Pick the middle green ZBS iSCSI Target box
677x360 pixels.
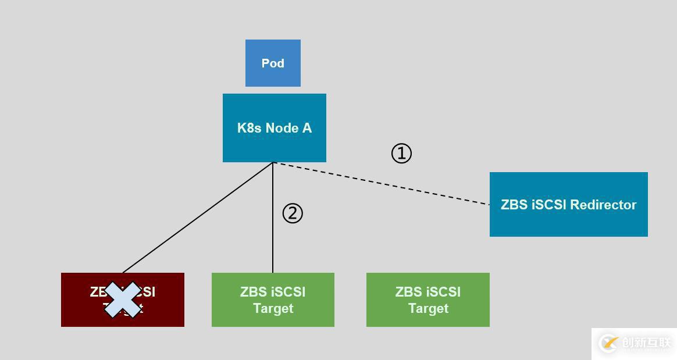[273, 300]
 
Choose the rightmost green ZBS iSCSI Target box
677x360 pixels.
[427, 300]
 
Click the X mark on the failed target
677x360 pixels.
[123, 300]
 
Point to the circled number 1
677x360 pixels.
[401, 154]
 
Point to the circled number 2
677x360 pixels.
[293, 213]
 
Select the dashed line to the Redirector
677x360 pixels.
[381, 184]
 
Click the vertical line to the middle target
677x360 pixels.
[273, 244]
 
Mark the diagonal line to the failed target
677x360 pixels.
[198, 218]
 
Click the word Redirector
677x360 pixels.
[603, 205]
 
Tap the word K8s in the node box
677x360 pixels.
[249, 128]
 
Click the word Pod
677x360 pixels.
[273, 63]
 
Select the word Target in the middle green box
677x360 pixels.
[273, 308]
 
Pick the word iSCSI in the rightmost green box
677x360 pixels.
[444, 291]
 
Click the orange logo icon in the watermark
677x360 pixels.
[608, 343]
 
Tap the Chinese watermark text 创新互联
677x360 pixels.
[646, 343]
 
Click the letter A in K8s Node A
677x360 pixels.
[306, 128]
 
